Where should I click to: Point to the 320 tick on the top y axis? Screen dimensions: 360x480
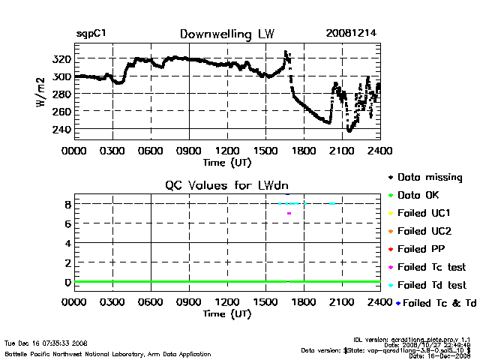coord(62,58)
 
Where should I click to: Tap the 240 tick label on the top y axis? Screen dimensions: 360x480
coord(62,129)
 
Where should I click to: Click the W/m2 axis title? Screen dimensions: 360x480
coord(41,94)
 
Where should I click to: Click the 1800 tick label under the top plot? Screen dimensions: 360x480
coord(304,151)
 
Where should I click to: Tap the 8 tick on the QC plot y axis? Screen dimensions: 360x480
coord(67,204)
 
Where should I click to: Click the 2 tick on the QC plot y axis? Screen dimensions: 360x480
coord(67,262)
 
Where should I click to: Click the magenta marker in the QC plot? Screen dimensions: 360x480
coord(289,214)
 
